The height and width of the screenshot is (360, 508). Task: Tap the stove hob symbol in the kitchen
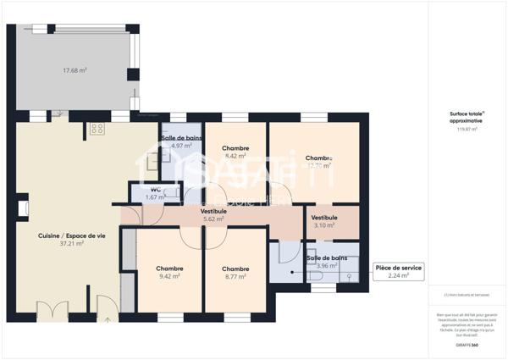[97, 130]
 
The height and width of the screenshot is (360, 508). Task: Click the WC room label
[156, 190]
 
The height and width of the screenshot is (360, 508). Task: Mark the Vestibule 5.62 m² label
[213, 214]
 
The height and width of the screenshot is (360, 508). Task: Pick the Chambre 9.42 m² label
[169, 272]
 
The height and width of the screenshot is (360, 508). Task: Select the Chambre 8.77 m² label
[235, 272]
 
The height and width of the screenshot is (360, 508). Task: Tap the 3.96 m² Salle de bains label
[326, 263]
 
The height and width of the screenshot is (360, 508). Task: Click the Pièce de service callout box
[398, 271]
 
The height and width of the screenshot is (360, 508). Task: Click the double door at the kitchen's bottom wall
[52, 310]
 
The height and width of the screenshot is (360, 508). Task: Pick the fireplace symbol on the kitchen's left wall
[24, 207]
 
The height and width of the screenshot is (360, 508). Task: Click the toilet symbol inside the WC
[172, 194]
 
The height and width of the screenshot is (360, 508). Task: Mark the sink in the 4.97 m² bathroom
[154, 158]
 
